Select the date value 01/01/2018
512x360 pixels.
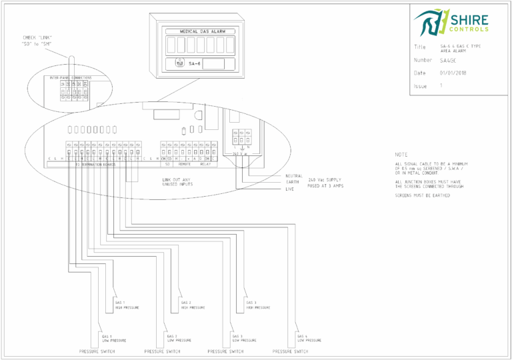click(453, 73)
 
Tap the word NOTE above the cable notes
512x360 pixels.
click(401, 154)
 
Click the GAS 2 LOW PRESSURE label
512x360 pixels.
click(179, 338)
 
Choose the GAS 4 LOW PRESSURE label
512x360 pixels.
click(309, 338)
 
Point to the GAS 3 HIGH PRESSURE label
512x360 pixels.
click(257, 305)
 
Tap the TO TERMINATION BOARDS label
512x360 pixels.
click(95, 164)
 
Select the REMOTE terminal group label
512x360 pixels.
click(184, 164)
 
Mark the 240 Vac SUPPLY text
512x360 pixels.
click(325, 180)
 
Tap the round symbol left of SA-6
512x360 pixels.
click(178, 64)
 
